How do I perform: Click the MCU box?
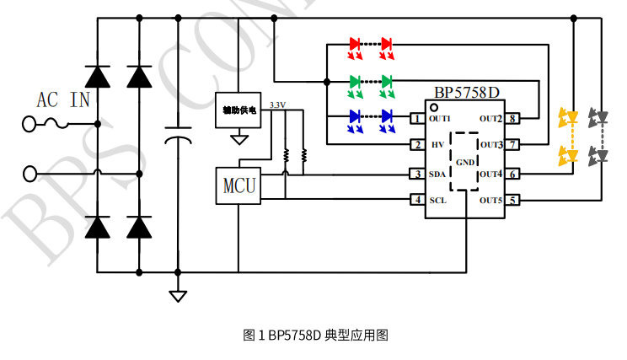click(238, 184)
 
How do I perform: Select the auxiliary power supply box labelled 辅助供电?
click(238, 110)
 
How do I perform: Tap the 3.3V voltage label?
click(276, 105)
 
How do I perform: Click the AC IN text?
click(63, 101)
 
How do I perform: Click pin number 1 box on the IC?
click(416, 119)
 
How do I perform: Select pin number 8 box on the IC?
click(512, 119)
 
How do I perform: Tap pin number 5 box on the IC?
click(512, 201)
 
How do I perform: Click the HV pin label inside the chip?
click(437, 145)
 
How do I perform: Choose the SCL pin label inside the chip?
click(437, 201)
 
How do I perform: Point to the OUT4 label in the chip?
click(490, 175)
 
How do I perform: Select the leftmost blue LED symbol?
click(355, 116)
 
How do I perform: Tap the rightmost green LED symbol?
click(386, 82)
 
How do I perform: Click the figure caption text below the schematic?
click(314, 336)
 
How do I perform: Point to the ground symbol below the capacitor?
click(178, 295)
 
